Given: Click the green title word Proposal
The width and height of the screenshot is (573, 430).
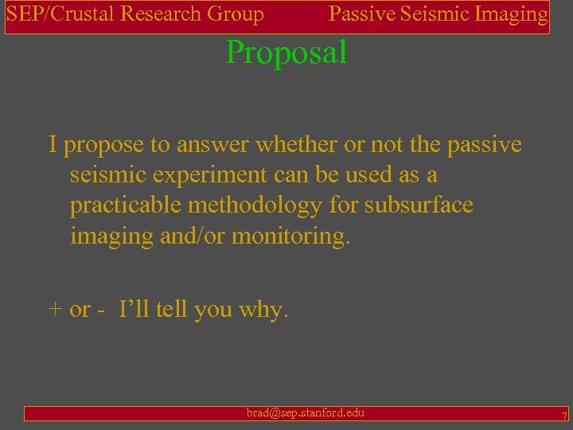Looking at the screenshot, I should click(286, 53).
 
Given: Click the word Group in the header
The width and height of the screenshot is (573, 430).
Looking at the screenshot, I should click(236, 14).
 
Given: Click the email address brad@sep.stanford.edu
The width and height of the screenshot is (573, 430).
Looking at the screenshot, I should click(306, 412).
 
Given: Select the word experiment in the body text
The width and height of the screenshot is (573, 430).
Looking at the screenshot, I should click(199, 174).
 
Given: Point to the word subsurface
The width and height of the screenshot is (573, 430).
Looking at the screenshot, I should click(419, 205).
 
